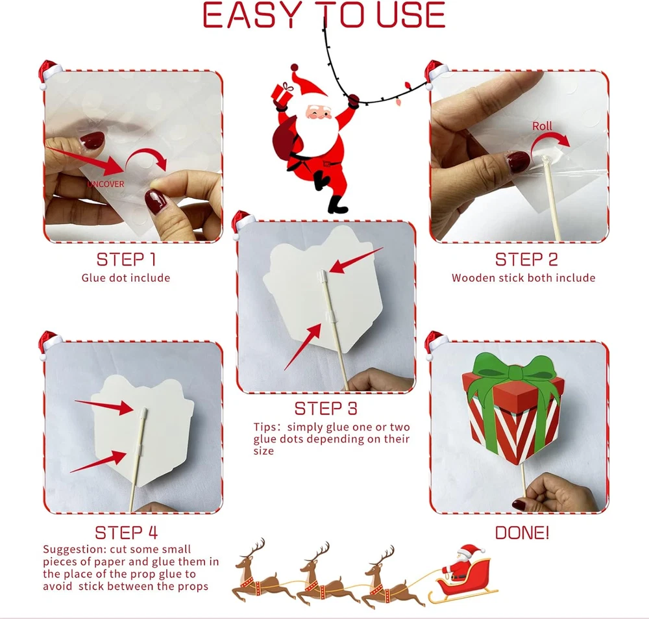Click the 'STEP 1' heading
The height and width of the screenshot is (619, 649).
(127, 260)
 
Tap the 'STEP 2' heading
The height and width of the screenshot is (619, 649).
(526, 260)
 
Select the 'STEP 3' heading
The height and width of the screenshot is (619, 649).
(326, 409)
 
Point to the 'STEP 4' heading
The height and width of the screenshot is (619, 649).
(127, 533)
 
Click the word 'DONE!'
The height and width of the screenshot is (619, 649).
(522, 533)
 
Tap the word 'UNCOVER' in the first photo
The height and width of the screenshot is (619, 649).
(106, 184)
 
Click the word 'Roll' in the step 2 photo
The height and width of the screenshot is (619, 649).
(542, 126)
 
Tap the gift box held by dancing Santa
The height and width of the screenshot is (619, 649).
(282, 94)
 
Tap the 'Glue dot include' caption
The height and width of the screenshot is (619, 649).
(126, 277)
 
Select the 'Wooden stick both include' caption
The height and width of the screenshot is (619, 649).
(524, 277)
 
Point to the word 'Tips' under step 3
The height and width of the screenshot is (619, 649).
(263, 427)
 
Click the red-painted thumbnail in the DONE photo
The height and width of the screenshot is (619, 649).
(519, 505)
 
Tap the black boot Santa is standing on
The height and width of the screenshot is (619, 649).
(336, 205)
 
